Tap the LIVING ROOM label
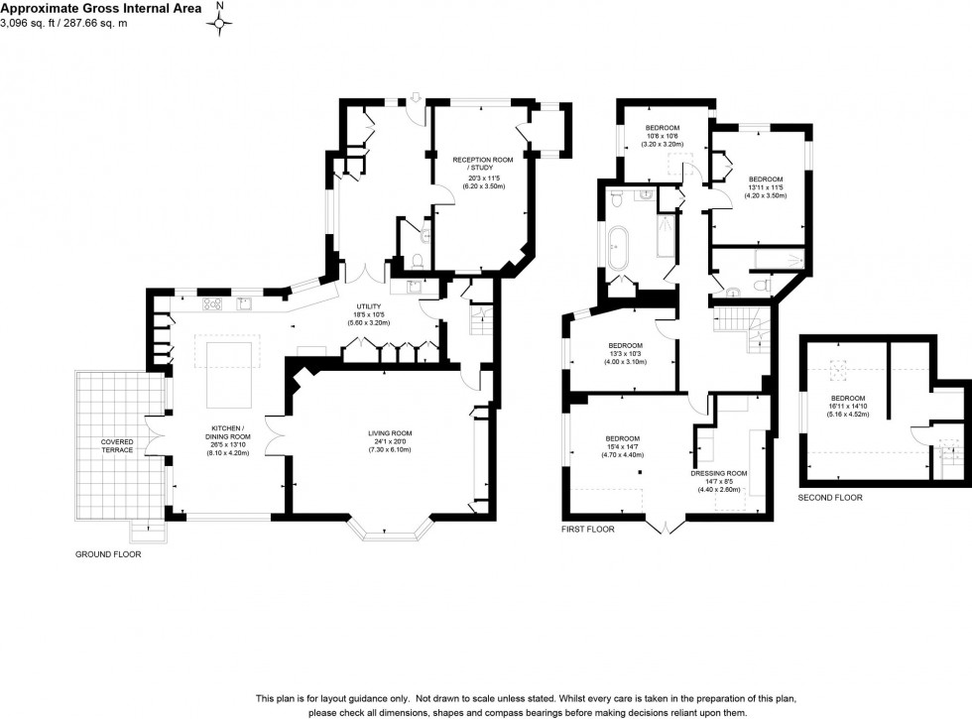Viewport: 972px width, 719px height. coord(389,433)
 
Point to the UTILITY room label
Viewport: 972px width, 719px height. coord(368,307)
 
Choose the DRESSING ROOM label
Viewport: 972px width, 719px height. coord(719,473)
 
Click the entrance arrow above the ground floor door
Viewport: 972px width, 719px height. coord(415,96)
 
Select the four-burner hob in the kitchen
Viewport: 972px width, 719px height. coord(212,303)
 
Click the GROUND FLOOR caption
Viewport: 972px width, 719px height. coord(108,554)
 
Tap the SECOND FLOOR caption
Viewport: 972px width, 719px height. coord(830,497)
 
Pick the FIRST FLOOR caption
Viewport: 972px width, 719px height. coord(587,530)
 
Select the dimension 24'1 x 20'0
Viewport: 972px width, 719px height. coord(389,442)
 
